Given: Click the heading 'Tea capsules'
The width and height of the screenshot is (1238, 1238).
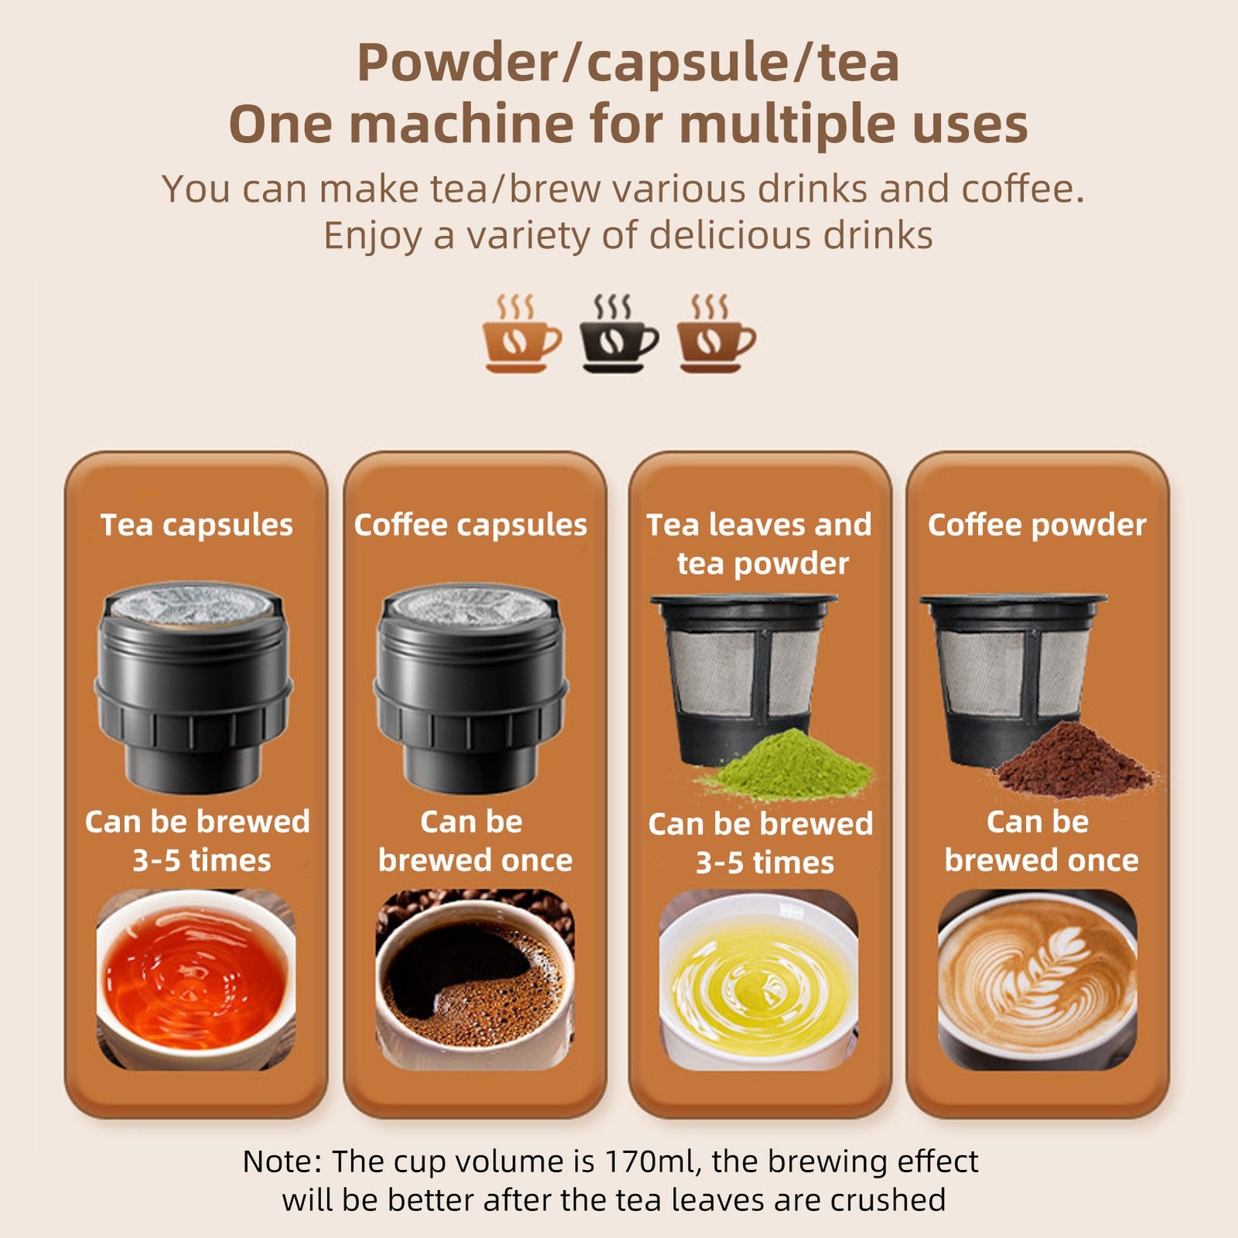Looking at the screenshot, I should pyautogui.click(x=197, y=525).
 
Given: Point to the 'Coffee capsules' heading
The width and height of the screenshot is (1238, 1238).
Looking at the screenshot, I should pyautogui.click(x=470, y=525).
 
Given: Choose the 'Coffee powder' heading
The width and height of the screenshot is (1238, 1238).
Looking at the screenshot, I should pyautogui.click(x=1037, y=525).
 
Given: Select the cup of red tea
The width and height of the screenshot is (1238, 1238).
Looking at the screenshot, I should pyautogui.click(x=195, y=979).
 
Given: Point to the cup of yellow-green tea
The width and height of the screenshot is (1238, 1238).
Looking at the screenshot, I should pyautogui.click(x=758, y=981).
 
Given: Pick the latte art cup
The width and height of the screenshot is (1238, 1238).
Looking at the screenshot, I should pyautogui.click(x=1037, y=979).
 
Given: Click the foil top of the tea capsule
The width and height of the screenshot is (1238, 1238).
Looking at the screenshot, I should pyautogui.click(x=192, y=602).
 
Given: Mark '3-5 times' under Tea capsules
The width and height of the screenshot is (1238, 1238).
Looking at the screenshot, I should pyautogui.click(x=201, y=860).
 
